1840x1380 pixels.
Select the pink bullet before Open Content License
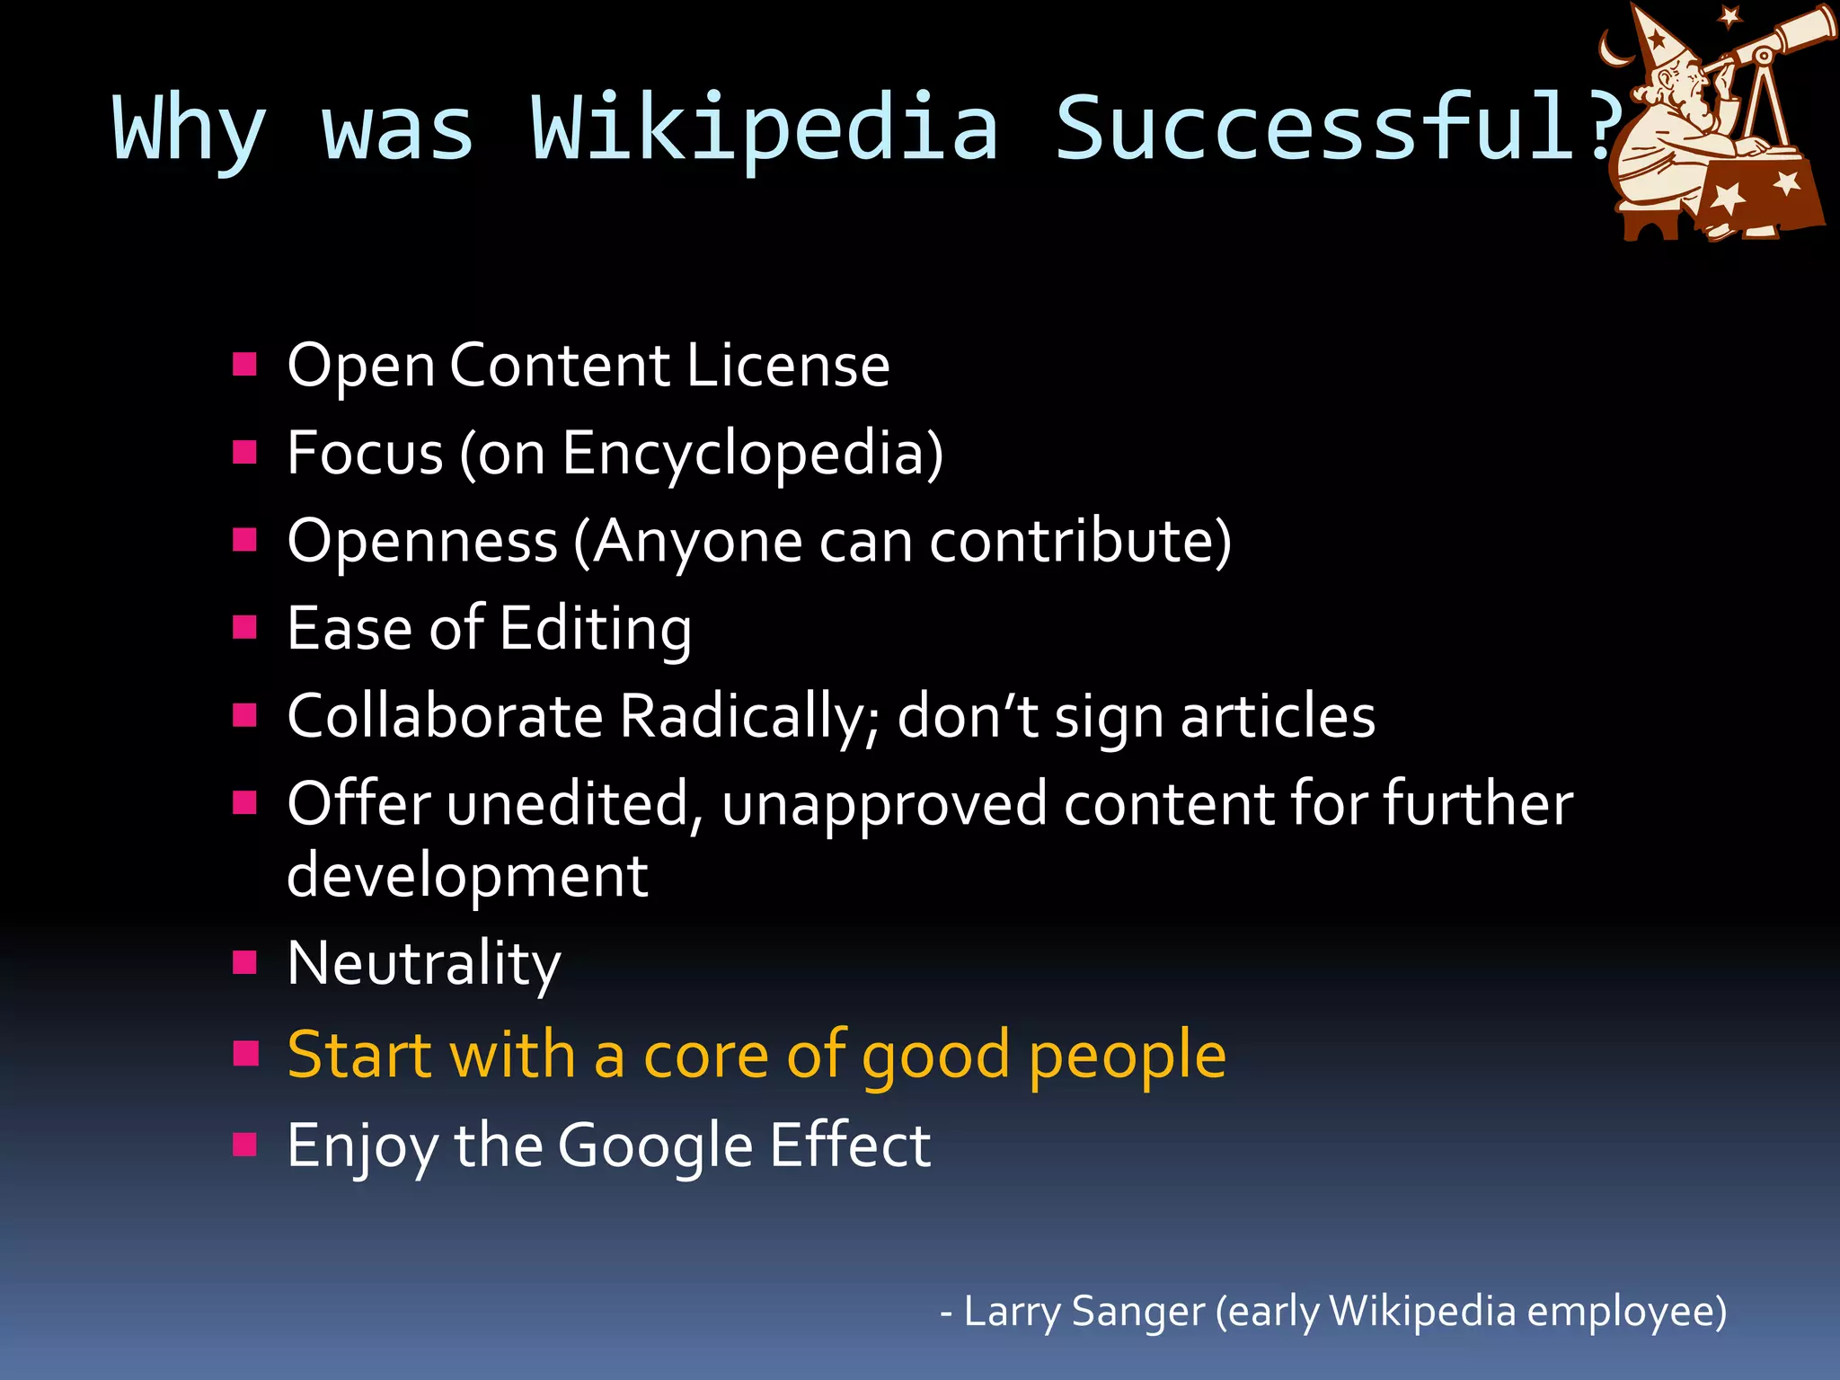point(244,364)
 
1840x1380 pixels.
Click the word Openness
point(422,542)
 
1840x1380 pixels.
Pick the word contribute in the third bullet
point(1074,542)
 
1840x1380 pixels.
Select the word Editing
point(595,629)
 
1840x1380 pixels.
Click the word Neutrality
point(424,964)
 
